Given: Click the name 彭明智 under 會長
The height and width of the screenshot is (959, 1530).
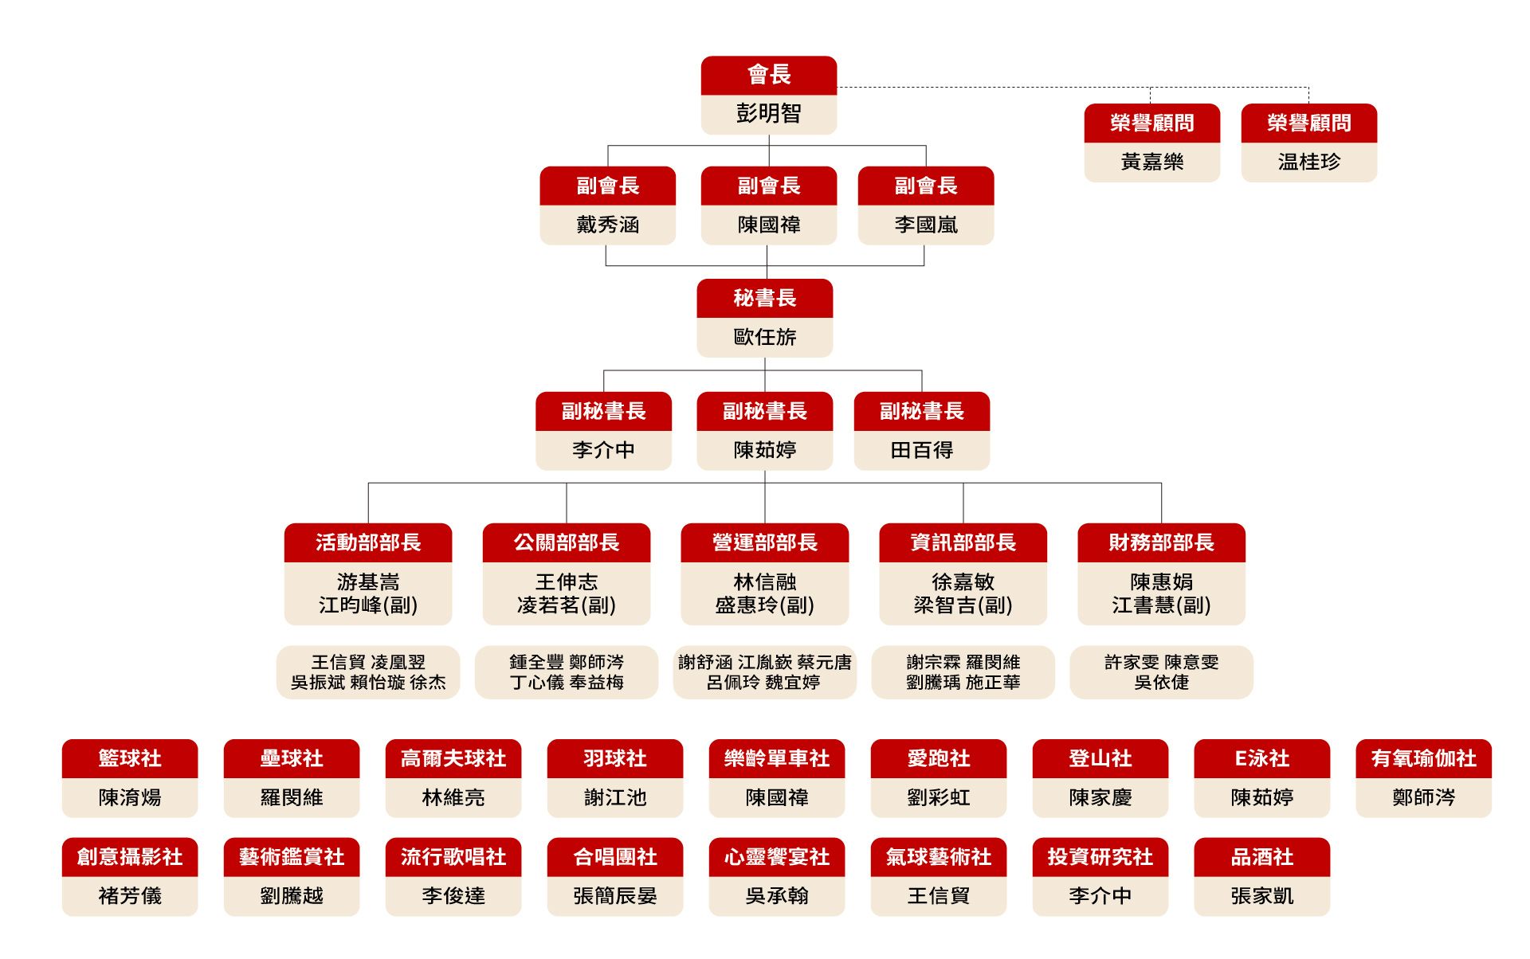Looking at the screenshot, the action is [768, 113].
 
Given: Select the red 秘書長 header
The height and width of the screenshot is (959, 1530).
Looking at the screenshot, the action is [765, 298].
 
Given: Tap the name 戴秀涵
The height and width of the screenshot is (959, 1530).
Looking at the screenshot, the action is [608, 225].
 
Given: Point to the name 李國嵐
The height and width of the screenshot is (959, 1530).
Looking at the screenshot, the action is [926, 225].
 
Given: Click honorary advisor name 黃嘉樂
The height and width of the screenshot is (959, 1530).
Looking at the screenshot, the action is [1152, 162].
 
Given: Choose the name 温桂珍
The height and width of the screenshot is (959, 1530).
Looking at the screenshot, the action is [1309, 162].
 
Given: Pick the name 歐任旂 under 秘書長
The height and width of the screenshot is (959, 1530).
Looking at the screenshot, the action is [765, 337].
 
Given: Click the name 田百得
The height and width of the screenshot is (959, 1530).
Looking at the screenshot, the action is [922, 450].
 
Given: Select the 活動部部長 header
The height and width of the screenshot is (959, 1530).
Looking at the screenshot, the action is [368, 542].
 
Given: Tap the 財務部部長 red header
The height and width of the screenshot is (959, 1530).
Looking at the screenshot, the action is [1161, 542].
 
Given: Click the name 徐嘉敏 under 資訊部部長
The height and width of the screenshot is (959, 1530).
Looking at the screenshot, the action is [963, 582].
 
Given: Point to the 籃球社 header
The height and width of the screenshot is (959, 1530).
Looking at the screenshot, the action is [130, 758].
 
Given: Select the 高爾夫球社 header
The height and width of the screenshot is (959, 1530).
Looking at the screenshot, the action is [453, 758].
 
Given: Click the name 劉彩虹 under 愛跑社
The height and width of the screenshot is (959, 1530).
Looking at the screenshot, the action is [939, 797].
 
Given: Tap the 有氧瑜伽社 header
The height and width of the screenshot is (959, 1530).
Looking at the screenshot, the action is [1424, 758].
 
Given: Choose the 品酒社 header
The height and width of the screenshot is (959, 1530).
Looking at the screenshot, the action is [1262, 857].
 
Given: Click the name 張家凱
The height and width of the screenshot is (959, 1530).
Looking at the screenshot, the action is [1262, 896].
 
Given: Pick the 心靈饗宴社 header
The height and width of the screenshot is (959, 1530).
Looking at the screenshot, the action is [777, 857].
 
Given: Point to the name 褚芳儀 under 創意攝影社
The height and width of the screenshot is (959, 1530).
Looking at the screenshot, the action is [130, 896].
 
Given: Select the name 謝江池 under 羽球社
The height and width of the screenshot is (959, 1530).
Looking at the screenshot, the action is [615, 797].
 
